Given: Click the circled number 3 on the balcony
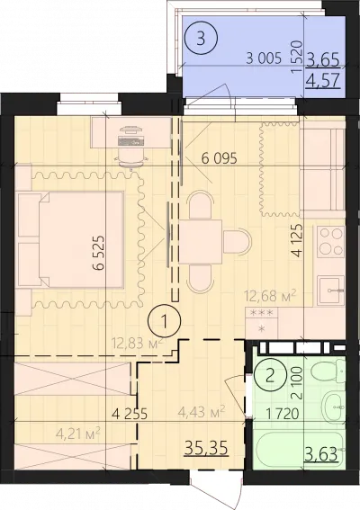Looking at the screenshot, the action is (x=201, y=38).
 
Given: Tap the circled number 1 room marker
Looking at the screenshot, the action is (x=165, y=321).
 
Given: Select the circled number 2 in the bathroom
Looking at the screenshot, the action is (x=270, y=376).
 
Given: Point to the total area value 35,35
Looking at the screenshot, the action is (x=206, y=449).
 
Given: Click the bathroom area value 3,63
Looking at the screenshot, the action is (x=320, y=453).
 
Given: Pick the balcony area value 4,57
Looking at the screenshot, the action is (x=323, y=80).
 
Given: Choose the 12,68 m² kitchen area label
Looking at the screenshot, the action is (x=271, y=296).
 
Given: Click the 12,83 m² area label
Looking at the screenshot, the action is (x=137, y=343).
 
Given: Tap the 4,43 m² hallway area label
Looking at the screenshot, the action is (x=202, y=411).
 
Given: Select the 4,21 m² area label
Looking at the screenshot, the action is (x=77, y=434).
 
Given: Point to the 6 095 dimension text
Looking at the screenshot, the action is (x=220, y=159).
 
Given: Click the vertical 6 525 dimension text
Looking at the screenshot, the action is (x=99, y=253).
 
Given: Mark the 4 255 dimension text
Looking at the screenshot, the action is (x=130, y=414).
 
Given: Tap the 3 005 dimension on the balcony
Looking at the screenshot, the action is (x=264, y=58).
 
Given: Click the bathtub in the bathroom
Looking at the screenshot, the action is (x=300, y=449).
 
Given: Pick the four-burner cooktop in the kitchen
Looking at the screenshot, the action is (x=331, y=241).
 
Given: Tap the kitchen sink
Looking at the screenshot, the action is (x=331, y=290).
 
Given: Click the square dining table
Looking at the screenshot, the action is (x=201, y=242).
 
